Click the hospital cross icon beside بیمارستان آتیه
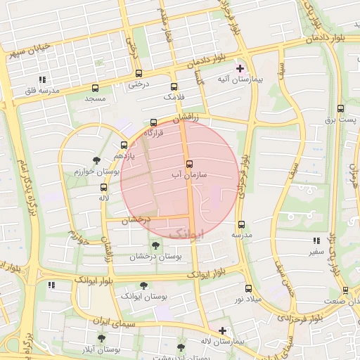coord(240,69)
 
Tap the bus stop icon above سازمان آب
coord(189,163)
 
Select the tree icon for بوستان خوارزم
coord(96,160)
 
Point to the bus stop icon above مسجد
coord(95,88)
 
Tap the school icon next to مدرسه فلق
coord(42,79)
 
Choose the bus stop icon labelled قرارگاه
coord(154,122)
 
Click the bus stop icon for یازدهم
coord(124,145)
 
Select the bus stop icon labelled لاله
coord(104,187)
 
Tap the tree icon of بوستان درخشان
coord(155,245)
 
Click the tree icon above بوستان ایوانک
coord(143,285)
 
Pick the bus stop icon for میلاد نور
coord(247,288)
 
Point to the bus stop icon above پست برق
coord(341,108)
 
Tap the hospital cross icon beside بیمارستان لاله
coord(222,330)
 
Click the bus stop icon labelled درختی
coord(137,73)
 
